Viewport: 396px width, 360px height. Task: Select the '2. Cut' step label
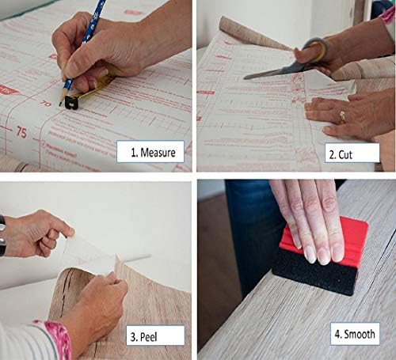point(345,154)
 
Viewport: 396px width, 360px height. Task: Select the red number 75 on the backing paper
point(21,132)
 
